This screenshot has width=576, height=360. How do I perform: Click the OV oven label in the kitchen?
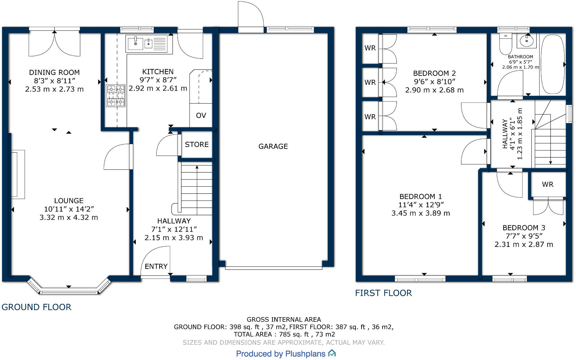pyautogui.click(x=201, y=116)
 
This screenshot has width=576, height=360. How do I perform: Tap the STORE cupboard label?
pyautogui.click(x=197, y=144)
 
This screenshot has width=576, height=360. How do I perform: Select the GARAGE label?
pyautogui.click(x=273, y=147)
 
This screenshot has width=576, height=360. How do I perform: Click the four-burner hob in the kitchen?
pyautogui.click(x=115, y=95)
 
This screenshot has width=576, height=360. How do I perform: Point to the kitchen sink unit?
pyautogui.click(x=147, y=44)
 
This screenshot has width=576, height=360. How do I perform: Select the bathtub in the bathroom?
pyautogui.click(x=552, y=64)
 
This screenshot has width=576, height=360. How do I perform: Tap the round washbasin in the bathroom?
pyautogui.click(x=526, y=41)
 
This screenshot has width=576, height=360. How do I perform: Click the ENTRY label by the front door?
pyautogui.click(x=156, y=267)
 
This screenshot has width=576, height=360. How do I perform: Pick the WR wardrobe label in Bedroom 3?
pyautogui.click(x=547, y=185)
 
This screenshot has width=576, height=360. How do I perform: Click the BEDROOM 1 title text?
pyautogui.click(x=420, y=197)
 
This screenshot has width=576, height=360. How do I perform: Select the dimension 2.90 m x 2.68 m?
pyautogui.click(x=434, y=90)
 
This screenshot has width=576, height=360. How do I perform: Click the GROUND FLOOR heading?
pyautogui.click(x=36, y=307)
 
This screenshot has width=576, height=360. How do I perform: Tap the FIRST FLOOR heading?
pyautogui.click(x=383, y=293)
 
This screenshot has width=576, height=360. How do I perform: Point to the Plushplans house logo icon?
pyautogui.click(x=332, y=353)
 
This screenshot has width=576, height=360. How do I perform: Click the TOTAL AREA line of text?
pyautogui.click(x=284, y=334)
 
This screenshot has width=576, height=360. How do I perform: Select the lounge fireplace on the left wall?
pyautogui.click(x=17, y=174)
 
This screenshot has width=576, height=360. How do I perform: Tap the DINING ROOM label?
pyautogui.click(x=54, y=73)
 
